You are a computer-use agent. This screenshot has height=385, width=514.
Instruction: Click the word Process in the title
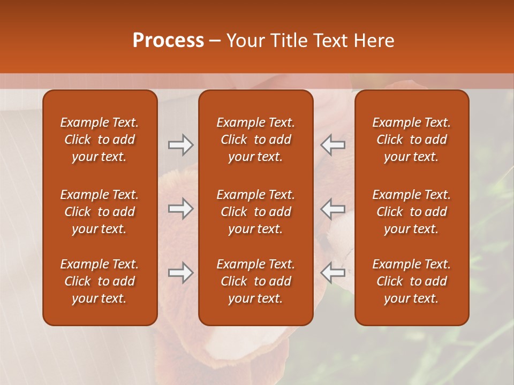click(x=168, y=41)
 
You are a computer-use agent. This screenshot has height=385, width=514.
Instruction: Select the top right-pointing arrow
click(x=180, y=144)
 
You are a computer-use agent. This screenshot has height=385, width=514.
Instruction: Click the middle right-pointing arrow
click(x=180, y=209)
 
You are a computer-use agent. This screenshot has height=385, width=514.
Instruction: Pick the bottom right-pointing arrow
click(x=180, y=273)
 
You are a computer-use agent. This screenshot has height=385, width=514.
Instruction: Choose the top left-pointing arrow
click(x=333, y=144)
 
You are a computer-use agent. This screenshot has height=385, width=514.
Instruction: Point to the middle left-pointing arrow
click(x=333, y=209)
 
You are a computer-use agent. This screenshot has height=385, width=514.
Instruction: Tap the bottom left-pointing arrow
click(x=333, y=273)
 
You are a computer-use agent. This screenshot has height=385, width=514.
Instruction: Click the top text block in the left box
click(x=100, y=140)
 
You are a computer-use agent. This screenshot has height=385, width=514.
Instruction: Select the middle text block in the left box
click(x=100, y=212)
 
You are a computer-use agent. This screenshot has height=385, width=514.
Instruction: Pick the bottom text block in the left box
click(x=100, y=281)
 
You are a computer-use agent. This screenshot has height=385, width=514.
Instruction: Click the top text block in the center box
click(x=255, y=140)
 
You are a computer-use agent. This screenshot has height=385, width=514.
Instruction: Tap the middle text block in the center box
click(x=255, y=212)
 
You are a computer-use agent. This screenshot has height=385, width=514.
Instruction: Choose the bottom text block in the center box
click(x=255, y=281)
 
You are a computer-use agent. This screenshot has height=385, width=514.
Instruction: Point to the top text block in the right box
click(x=411, y=140)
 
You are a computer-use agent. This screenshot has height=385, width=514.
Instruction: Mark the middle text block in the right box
click(x=411, y=212)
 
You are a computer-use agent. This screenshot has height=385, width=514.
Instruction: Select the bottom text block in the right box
click(x=411, y=281)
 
